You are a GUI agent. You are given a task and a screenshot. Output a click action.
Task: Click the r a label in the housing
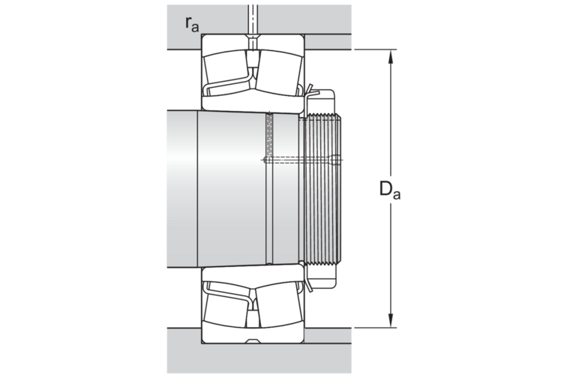pos(192,24)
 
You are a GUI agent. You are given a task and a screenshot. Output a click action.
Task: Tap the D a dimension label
pos(390,190)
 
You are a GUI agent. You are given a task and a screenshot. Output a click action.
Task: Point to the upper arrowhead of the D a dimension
pos(391,57)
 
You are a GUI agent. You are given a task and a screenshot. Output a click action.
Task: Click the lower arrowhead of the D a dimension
pos(391,320)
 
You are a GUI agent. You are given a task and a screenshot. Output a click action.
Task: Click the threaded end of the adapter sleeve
pos(322,190)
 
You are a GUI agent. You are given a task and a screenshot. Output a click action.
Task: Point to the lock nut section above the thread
pos(322,102)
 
